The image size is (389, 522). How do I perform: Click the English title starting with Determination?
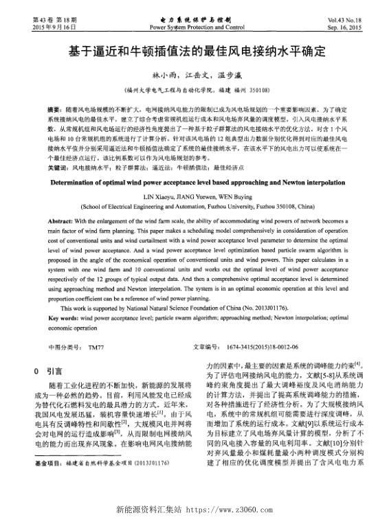pos(194,185)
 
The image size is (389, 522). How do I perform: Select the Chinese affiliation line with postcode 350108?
pos(194,89)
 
